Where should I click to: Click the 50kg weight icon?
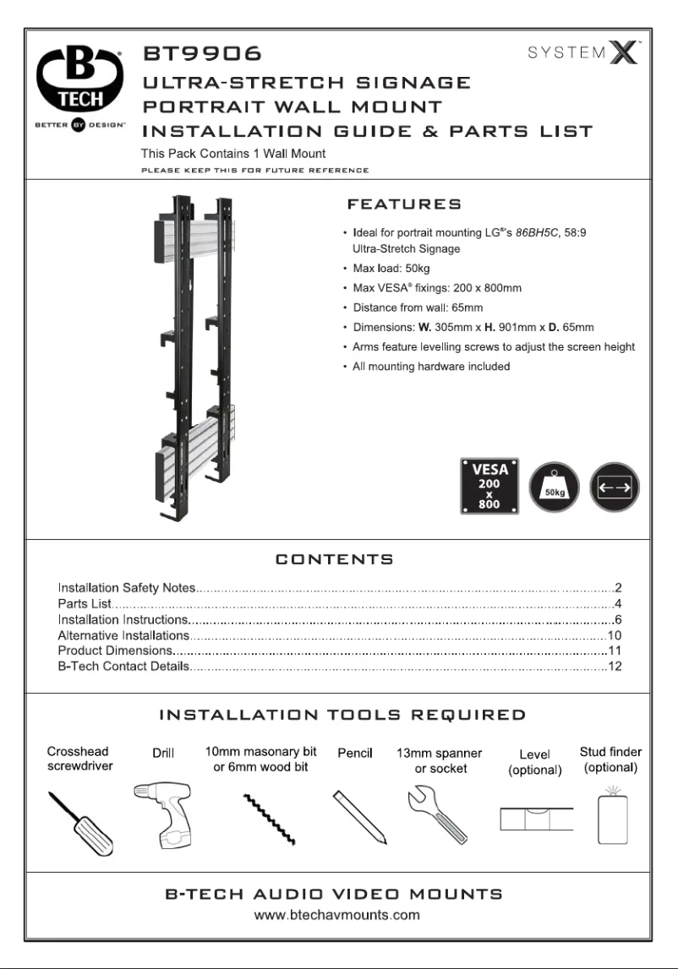[x=554, y=487]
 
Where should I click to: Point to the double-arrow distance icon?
[x=615, y=487]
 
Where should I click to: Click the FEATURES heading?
[x=404, y=204]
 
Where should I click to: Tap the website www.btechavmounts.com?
[x=337, y=915]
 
